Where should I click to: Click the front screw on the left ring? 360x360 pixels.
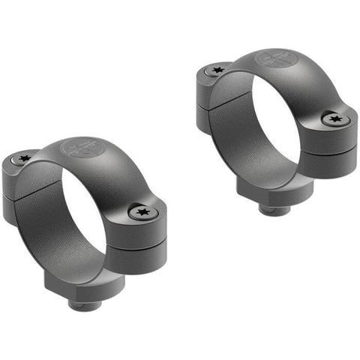141,213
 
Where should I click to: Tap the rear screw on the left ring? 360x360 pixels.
25,158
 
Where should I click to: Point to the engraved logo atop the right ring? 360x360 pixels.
272,58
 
